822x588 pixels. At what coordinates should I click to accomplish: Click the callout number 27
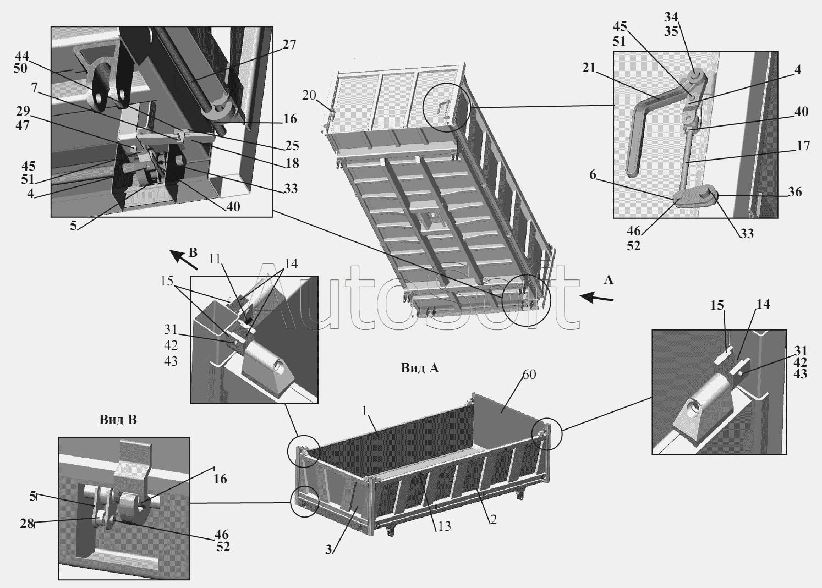tap(289, 45)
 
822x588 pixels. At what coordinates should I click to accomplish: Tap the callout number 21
tap(589, 68)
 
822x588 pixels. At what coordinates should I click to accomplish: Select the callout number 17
tap(803, 146)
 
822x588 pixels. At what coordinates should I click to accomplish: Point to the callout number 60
tap(529, 375)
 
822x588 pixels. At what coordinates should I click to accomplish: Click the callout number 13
tap(444, 526)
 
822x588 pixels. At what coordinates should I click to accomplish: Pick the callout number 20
tap(309, 95)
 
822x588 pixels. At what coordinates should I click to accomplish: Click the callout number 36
tap(794, 192)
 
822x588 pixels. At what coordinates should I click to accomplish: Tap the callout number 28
tap(27, 524)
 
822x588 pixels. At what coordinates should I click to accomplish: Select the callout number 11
tap(215, 259)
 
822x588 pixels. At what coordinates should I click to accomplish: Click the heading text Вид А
tap(420, 368)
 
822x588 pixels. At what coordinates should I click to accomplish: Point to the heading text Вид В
tap(118, 420)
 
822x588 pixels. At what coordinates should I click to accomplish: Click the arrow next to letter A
tap(596, 298)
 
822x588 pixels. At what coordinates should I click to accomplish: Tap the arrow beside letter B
tap(185, 260)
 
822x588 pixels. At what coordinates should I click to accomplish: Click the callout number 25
tap(292, 146)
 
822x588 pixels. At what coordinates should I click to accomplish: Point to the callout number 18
tap(292, 163)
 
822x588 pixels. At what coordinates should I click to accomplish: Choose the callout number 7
tap(34, 88)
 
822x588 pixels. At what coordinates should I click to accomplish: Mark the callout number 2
tap(493, 519)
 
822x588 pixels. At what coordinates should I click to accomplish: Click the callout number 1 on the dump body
tap(364, 411)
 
